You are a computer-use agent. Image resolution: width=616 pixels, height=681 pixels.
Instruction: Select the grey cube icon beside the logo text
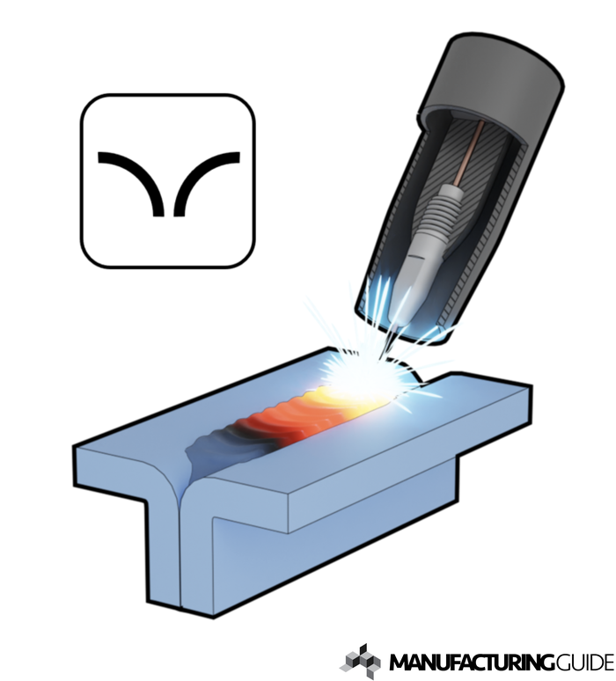[360, 662]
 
